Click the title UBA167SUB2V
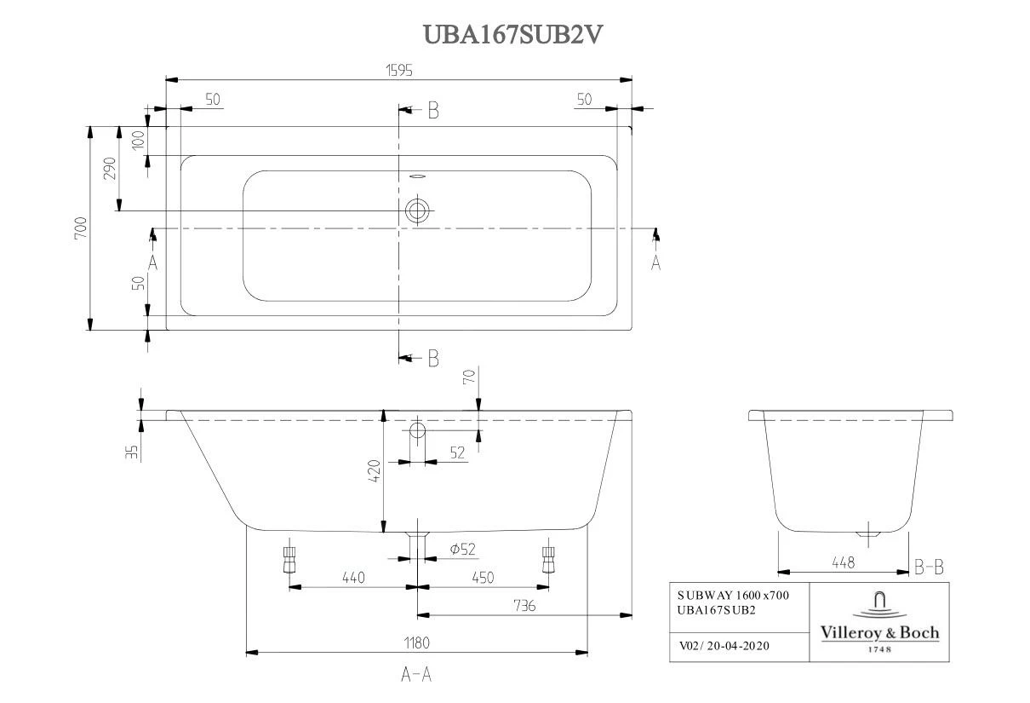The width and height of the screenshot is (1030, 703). tap(514, 34)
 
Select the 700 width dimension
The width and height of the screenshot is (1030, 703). tap(80, 228)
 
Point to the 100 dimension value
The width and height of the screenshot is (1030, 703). tap(138, 140)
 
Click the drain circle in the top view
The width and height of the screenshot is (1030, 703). tap(417, 210)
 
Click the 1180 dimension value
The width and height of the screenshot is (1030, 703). tap(416, 642)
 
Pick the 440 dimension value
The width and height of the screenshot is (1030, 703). tap(352, 578)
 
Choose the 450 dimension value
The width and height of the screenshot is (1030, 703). tap(482, 578)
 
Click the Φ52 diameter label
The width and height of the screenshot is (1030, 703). tap(461, 550)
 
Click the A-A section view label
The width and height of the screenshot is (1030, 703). tap(416, 675)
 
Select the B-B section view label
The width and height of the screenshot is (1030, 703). tap(928, 567)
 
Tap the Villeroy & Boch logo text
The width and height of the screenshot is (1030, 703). tap(879, 632)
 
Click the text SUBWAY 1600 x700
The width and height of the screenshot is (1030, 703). tap(732, 596)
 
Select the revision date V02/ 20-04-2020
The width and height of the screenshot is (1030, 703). tap(724, 646)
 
